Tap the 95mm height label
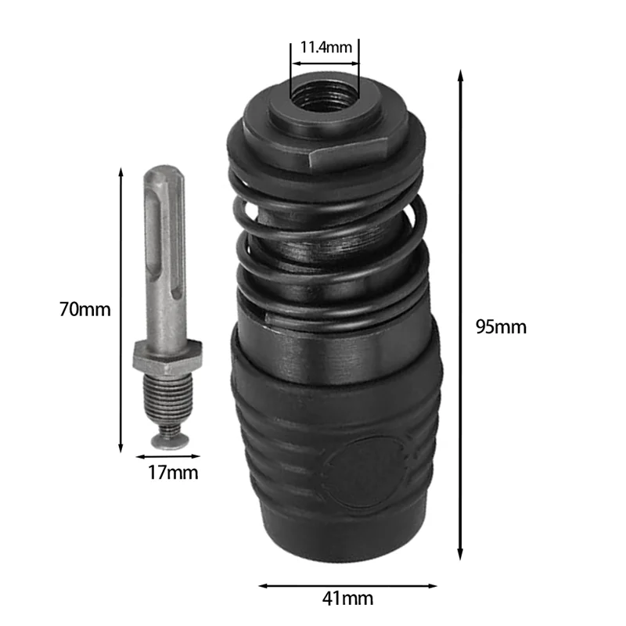[501, 326]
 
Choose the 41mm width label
[347, 599]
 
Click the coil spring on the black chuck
[333, 258]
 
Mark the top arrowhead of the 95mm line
[461, 75]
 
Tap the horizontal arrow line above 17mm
[168, 455]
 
